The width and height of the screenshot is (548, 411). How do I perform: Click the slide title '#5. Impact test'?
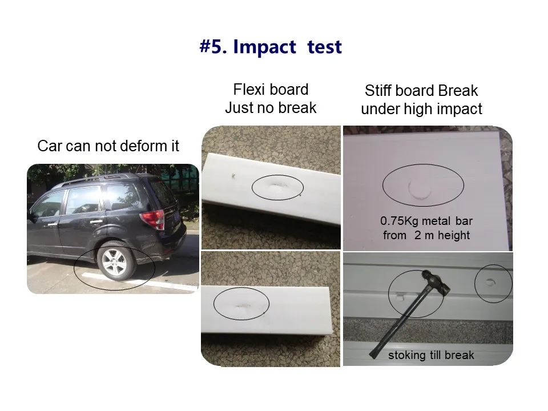tap(271, 47)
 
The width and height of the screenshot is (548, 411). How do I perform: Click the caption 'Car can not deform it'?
tap(108, 146)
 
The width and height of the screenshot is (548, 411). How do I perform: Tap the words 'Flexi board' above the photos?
tap(271, 90)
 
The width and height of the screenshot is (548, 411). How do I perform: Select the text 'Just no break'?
tap(271, 108)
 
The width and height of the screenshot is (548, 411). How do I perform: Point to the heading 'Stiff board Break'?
tap(421, 91)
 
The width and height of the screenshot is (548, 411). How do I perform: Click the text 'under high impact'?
tap(421, 109)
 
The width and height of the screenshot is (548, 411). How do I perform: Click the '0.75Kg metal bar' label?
tap(426, 221)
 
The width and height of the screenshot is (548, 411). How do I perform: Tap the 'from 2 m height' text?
tap(426, 235)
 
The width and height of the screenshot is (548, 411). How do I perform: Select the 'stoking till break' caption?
tap(431, 355)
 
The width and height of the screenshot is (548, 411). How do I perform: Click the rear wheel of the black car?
tap(115, 262)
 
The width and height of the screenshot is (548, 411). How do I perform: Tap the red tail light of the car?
tap(153, 219)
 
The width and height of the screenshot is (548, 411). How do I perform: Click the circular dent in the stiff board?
tap(420, 188)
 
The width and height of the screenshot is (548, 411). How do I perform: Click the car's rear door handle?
tap(96, 221)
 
